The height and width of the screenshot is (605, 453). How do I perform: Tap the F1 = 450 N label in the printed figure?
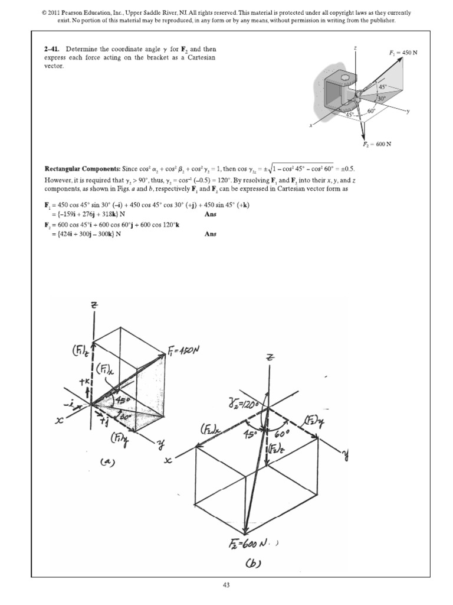(403, 53)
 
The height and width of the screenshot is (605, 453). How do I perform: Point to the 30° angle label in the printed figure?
(383, 99)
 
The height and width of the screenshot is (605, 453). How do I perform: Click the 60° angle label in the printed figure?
(372, 110)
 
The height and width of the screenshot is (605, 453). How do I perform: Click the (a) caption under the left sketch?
(107, 463)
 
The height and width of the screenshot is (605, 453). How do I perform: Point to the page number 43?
(226, 585)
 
